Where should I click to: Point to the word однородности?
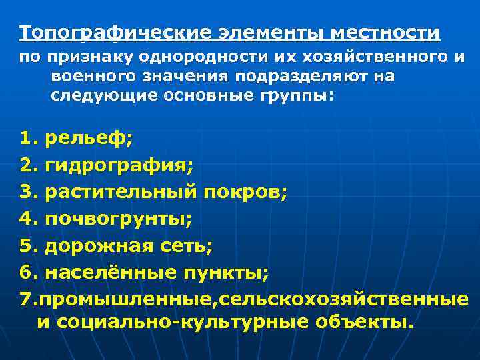pos(220,58)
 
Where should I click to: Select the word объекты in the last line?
pos(357,323)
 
